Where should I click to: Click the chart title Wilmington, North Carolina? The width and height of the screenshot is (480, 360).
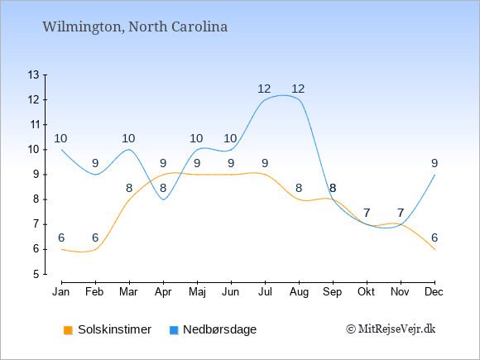[135, 27]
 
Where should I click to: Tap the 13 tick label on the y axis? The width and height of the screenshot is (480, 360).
[33, 74]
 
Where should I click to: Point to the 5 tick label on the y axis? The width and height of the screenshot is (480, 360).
[36, 274]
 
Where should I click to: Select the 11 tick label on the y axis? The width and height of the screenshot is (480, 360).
[33, 125]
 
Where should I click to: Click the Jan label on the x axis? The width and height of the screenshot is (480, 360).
[61, 292]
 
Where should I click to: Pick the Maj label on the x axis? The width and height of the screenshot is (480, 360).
[197, 292]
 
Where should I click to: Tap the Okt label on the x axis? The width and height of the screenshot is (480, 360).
[366, 292]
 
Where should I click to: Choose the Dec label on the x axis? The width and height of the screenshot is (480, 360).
[434, 292]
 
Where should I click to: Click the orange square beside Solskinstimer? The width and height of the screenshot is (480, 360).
[68, 330]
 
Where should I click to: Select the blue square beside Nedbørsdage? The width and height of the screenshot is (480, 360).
[174, 330]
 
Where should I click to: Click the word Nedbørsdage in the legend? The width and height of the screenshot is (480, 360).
[219, 329]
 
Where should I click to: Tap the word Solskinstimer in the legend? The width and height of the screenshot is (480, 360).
[114, 329]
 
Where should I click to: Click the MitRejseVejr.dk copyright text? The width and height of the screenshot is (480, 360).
[391, 329]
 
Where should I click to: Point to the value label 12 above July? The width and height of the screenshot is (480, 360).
[264, 89]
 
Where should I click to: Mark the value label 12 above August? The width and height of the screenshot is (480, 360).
[298, 89]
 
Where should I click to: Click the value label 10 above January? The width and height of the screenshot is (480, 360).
[60, 139]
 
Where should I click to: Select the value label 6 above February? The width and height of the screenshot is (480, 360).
[95, 238]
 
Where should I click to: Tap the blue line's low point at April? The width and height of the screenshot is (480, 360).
[164, 199]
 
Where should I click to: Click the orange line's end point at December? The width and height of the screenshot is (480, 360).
[434, 249]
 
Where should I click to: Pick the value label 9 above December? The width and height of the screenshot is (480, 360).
[434, 164]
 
